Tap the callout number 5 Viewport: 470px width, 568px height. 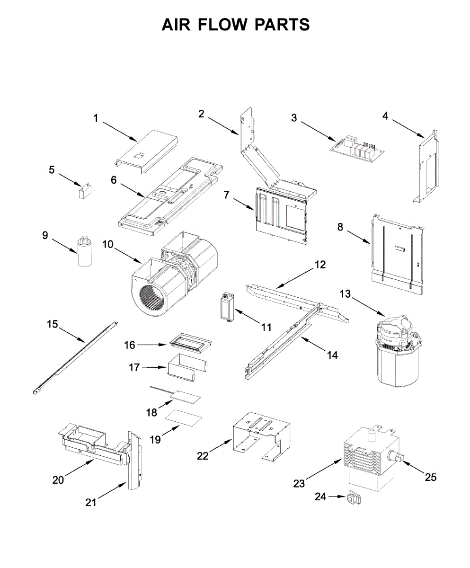[52, 169]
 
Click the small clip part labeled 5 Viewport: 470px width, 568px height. [85, 190]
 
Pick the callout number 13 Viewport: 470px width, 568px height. [345, 294]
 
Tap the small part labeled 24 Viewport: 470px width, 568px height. [353, 498]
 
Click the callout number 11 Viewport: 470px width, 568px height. [266, 327]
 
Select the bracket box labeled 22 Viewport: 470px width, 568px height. [261, 435]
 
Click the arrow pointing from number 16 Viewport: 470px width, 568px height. [152, 345]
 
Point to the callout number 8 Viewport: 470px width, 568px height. [340, 227]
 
